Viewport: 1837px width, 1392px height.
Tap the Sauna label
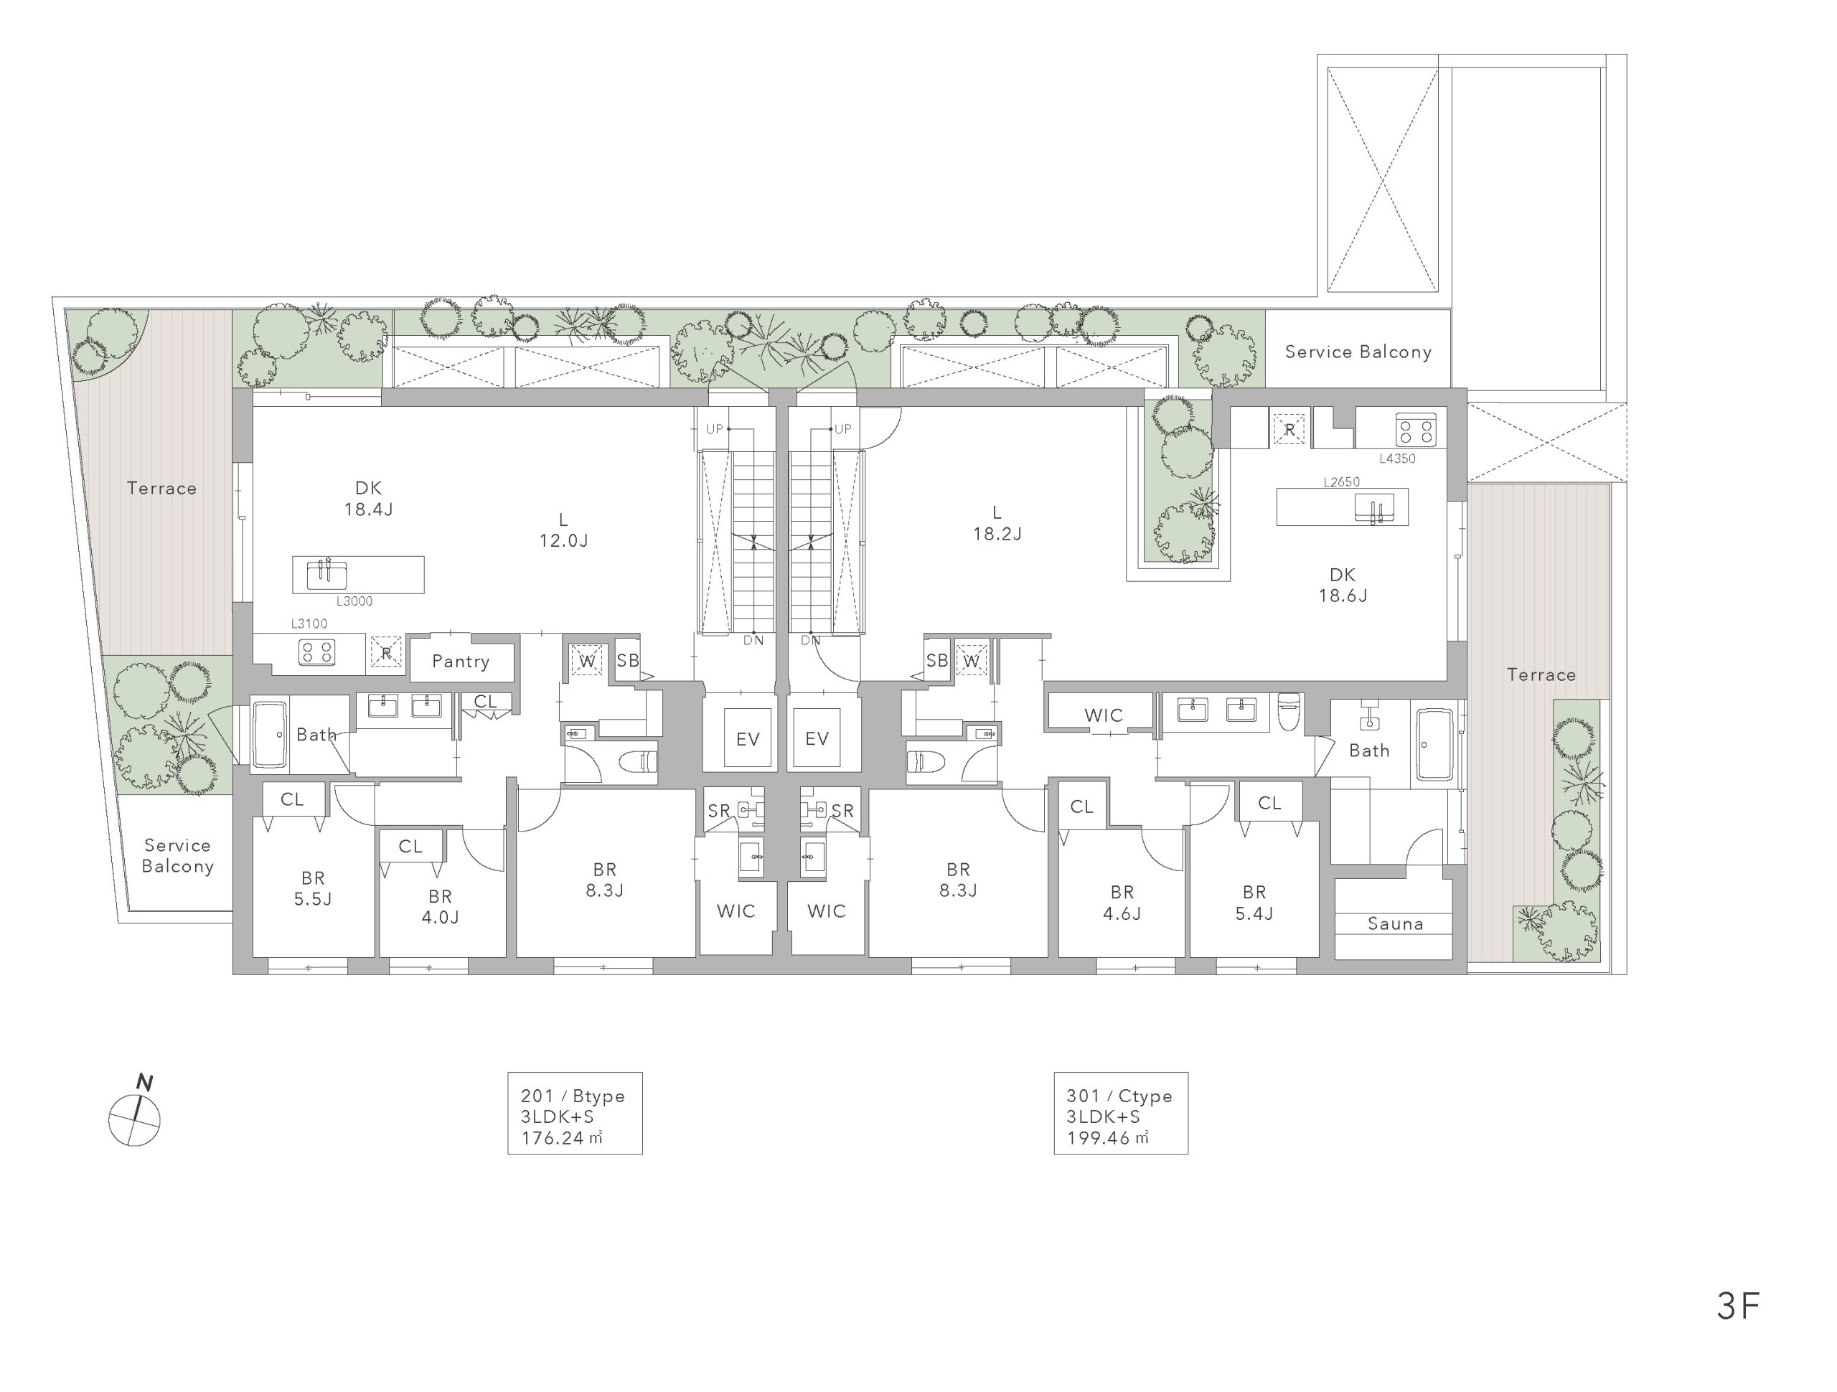click(1395, 923)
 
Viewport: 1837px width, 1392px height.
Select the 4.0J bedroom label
click(440, 907)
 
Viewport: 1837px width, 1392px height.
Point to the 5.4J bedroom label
click(1254, 903)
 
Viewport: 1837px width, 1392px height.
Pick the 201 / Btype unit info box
click(575, 1113)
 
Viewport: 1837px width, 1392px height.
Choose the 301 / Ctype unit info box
click(1120, 1113)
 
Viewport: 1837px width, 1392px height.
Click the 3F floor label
click(1737, 1307)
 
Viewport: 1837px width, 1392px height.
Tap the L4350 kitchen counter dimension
click(1397, 458)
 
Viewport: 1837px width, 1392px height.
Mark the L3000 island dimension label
click(354, 601)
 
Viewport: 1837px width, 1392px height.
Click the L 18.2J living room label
click(997, 523)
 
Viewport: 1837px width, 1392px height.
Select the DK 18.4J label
click(369, 499)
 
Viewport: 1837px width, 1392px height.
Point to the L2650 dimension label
click(1342, 481)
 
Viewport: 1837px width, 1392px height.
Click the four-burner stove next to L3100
click(316, 652)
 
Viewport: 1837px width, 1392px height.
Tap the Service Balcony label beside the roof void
click(1358, 352)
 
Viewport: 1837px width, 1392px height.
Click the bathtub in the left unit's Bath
click(269, 735)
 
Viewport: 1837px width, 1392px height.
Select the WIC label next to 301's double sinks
click(1103, 715)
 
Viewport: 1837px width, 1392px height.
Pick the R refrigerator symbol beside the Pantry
click(386, 652)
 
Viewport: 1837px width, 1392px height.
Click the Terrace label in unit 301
click(1541, 675)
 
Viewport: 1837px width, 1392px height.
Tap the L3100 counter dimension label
click(309, 624)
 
